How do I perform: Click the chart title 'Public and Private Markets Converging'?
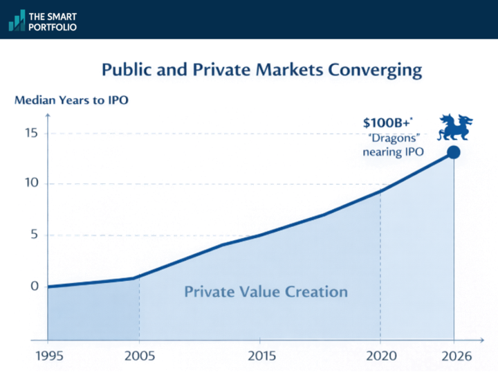261,70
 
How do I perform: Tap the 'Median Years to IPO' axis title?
71,100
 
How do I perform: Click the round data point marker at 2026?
454,152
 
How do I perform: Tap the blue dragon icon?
456,128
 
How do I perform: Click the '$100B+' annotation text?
385,123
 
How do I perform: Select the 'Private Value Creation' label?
266,291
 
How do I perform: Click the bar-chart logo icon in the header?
17,20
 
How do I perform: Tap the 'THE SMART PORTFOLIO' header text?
53,20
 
